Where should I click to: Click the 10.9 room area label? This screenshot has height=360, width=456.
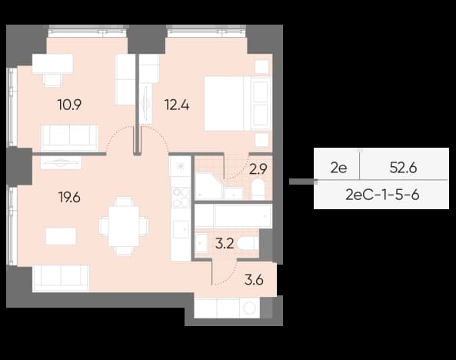69,105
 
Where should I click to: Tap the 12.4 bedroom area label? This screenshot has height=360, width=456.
177,105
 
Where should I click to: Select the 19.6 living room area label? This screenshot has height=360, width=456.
69,198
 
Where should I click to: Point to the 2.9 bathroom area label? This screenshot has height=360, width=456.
258,168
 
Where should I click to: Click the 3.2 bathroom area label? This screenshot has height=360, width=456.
225,244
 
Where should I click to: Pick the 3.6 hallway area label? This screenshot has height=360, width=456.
255,280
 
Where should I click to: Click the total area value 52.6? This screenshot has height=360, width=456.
404,168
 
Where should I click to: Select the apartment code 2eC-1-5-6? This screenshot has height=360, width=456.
382,195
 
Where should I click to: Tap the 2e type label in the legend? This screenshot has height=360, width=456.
339,168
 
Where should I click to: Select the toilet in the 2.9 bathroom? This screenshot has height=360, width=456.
258,189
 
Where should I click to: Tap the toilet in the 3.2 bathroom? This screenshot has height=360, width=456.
248,243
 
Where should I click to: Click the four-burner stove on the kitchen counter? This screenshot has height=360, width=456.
181,197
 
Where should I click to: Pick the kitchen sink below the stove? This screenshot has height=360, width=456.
181,229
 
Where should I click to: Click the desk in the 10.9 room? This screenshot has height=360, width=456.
52,64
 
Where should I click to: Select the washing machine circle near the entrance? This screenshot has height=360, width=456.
249,308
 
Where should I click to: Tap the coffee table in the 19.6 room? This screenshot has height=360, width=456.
61,236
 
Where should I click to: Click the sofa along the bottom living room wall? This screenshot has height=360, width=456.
61,278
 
